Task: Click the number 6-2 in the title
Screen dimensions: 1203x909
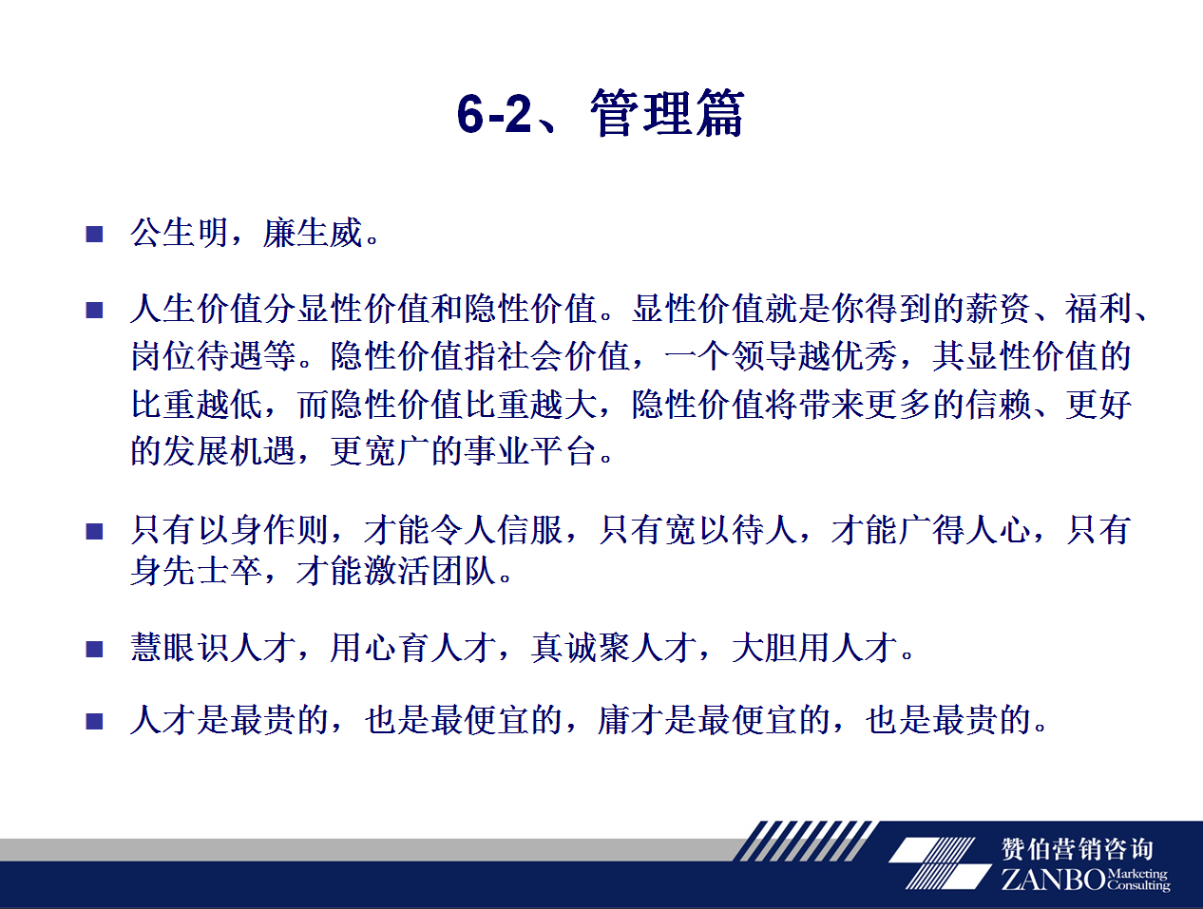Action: pos(494,114)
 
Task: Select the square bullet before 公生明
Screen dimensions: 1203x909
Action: pos(94,235)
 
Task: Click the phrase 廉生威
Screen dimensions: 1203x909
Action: pos(312,234)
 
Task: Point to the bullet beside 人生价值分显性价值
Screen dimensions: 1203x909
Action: pos(94,311)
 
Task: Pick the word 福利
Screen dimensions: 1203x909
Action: pos(1098,309)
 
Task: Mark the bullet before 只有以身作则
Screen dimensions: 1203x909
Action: pos(94,531)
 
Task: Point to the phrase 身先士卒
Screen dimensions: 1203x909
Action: pos(196,571)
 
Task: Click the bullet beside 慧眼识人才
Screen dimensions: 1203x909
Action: pos(94,650)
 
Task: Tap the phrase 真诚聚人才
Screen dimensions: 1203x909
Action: pos(613,648)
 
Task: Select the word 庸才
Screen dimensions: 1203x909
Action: pos(630,720)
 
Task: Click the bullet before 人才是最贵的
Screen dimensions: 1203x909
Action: pos(94,721)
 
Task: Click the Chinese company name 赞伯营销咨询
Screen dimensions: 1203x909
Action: pos(1078,849)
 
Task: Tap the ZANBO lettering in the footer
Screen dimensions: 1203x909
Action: pos(1054,880)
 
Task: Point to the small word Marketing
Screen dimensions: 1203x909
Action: pos(1137,874)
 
